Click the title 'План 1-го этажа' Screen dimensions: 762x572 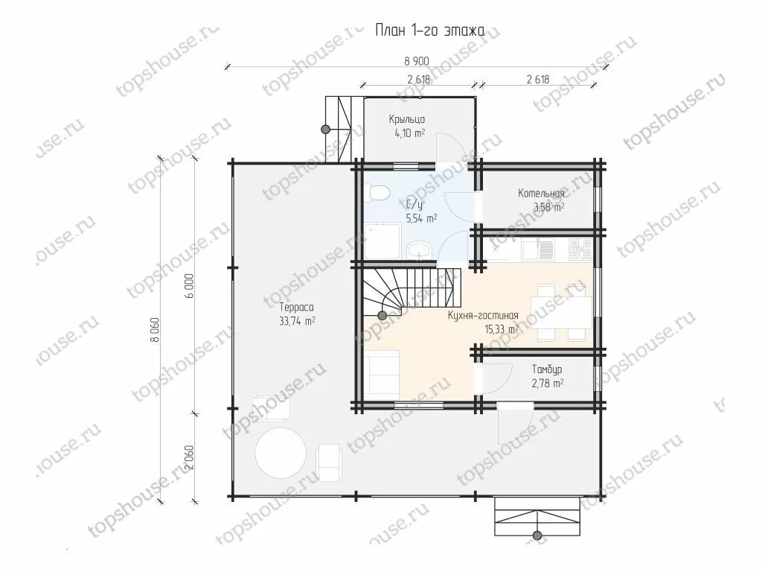click(x=429, y=31)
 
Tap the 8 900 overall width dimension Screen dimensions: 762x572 click(x=417, y=61)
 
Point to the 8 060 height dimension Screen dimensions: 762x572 click(x=155, y=330)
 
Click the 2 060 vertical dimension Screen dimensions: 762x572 click(x=190, y=458)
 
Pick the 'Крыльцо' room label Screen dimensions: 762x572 click(x=407, y=119)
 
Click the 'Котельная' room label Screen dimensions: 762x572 click(x=541, y=194)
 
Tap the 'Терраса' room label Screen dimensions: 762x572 click(x=296, y=308)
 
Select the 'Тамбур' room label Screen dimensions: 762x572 click(x=547, y=369)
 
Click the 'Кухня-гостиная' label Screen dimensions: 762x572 click(x=483, y=316)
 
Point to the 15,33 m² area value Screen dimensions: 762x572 click(x=502, y=329)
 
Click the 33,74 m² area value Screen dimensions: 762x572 click(x=297, y=321)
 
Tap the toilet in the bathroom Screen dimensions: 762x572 click(x=377, y=193)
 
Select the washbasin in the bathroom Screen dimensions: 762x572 click(x=418, y=251)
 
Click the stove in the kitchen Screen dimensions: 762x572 click(x=580, y=248)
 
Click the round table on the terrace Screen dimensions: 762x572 click(x=281, y=452)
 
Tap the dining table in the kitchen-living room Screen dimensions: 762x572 click(x=561, y=313)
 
